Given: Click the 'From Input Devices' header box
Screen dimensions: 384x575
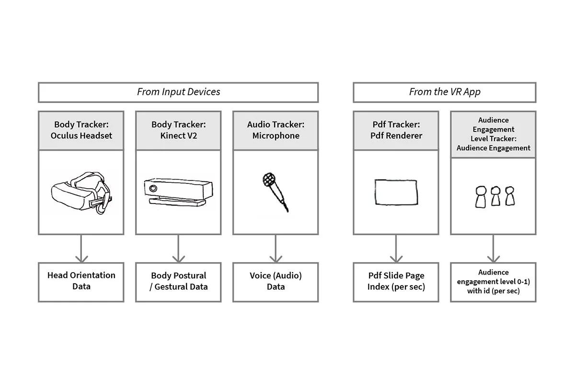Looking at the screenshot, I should tap(178, 92).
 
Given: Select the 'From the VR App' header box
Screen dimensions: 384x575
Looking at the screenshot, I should tap(444, 92).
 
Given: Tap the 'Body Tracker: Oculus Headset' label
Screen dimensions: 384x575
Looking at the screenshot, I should tap(81, 130).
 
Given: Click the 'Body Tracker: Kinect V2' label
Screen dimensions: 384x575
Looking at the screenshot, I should tap(178, 130).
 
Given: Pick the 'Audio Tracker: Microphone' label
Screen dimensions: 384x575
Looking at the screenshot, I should tap(276, 130).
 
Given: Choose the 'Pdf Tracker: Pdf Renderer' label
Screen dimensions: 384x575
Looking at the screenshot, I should tap(396, 130).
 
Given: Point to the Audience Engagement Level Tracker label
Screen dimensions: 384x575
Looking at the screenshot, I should tap(493, 134).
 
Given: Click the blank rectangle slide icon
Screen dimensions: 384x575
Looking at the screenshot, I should tap(396, 192).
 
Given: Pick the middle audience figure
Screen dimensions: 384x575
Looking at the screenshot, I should tap(495, 196).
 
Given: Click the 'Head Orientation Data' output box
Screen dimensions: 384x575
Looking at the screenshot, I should tap(81, 281).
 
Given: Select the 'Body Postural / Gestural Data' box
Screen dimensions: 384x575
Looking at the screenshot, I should tap(178, 281).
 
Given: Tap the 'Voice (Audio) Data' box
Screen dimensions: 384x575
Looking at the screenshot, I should tap(276, 281).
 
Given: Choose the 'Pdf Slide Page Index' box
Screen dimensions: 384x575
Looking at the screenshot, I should tap(396, 281).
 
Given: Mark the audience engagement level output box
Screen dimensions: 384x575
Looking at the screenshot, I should tap(493, 281).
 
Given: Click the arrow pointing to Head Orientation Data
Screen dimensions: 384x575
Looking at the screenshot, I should tap(81, 249).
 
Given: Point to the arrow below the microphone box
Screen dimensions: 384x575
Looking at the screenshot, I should tap(276, 249).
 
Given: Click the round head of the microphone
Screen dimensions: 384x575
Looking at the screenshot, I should tap(268, 180).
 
